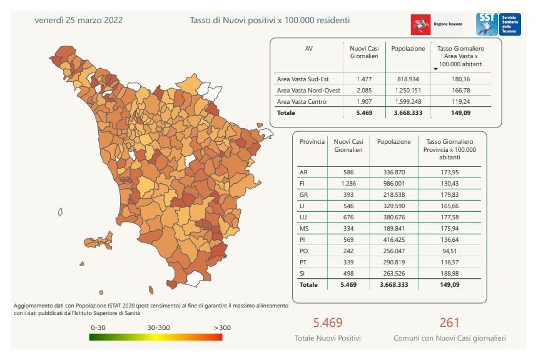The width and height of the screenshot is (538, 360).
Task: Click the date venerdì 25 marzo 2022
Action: click(x=79, y=20)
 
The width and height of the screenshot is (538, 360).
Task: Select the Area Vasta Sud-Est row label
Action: click(x=303, y=79)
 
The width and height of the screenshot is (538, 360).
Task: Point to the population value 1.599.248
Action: click(x=408, y=102)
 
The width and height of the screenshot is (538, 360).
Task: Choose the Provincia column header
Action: click(x=312, y=142)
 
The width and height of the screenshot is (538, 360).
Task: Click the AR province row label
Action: click(x=304, y=172)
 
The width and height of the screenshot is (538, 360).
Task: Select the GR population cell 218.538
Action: click(x=393, y=194)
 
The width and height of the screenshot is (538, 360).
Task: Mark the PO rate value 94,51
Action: click(x=450, y=251)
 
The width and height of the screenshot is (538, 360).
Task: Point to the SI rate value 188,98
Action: click(x=450, y=273)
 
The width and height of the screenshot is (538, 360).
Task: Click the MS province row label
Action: click(x=305, y=228)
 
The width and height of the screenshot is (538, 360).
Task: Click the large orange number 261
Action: click(x=449, y=322)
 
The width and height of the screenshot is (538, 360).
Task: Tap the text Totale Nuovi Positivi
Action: click(x=328, y=338)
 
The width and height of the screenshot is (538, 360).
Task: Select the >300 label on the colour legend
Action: click(x=222, y=327)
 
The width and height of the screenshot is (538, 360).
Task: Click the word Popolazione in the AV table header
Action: click(x=408, y=48)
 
